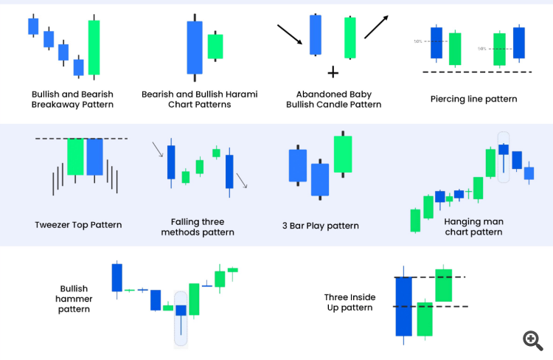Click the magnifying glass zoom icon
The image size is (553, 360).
(532, 340)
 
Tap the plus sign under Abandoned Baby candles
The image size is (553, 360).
(333, 73)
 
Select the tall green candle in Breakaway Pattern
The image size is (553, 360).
(94, 47)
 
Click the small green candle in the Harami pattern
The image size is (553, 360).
(215, 46)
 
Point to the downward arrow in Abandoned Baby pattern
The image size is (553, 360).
(290, 35)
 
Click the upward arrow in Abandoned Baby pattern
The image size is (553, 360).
(376, 27)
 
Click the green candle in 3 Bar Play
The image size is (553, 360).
(343, 154)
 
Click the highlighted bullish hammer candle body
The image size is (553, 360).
(181, 311)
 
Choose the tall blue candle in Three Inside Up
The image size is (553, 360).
(404, 305)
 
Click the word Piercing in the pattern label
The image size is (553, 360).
(446, 99)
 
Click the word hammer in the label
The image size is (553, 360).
(74, 299)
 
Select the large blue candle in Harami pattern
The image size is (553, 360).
(195, 48)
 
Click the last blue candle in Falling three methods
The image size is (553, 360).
(229, 172)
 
